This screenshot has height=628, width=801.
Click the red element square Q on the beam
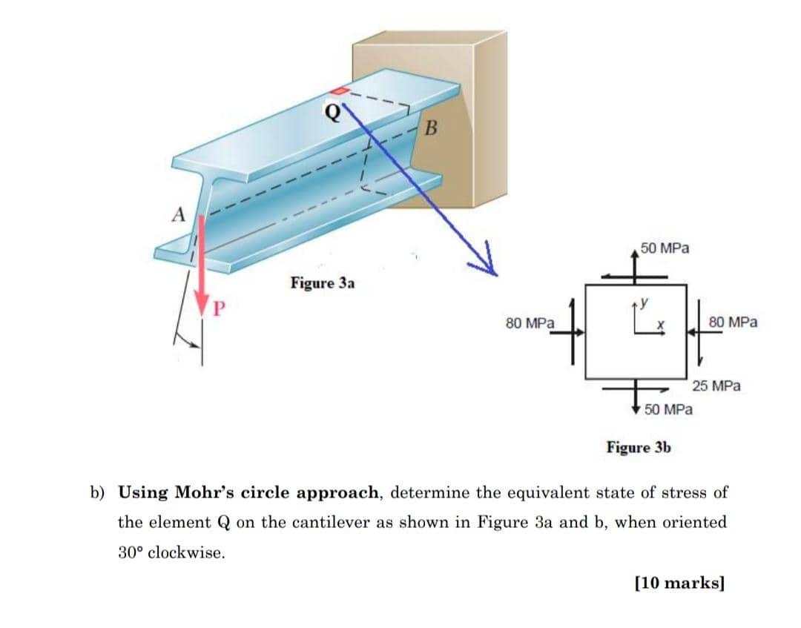pos(338,90)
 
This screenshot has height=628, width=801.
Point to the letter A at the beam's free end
pos(178,215)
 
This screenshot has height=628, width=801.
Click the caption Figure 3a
pos(323,283)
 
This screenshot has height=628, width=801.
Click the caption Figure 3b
pos(639,447)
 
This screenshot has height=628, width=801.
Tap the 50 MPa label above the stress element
pos(665,248)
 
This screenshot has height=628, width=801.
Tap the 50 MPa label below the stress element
pos(669,409)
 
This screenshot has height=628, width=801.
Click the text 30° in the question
pos(131,552)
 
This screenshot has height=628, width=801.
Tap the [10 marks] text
pos(679,582)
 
